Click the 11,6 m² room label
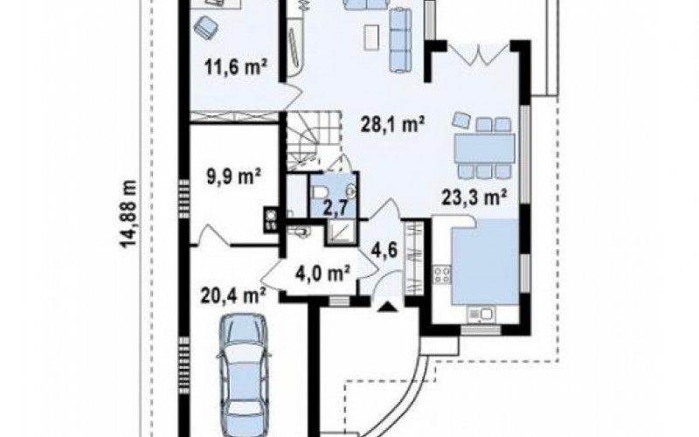[236, 67]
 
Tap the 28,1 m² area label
[392, 125]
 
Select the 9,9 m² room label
[233, 177]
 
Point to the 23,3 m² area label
[474, 197]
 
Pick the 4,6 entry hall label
[384, 250]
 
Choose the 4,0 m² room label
[322, 273]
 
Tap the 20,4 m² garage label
[233, 295]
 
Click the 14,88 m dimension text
[128, 213]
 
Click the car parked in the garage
[244, 375]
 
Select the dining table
[484, 148]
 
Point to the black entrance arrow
[388, 307]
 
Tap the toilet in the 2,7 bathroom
[319, 192]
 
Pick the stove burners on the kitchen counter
[442, 274]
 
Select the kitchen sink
[481, 315]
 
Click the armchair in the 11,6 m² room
[206, 27]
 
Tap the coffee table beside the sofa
[372, 37]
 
